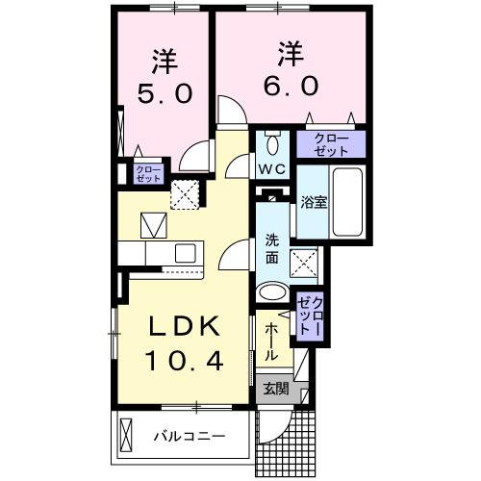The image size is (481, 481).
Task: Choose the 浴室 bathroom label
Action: point(314,203)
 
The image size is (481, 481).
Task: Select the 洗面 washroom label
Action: point(273,250)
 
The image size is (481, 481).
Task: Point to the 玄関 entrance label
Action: point(275,389)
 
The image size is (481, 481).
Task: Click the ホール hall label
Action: point(272,342)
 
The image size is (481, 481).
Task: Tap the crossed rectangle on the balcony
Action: point(127,437)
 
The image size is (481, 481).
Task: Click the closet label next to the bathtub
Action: point(330,145)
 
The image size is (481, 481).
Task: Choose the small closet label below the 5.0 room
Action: point(148,174)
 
